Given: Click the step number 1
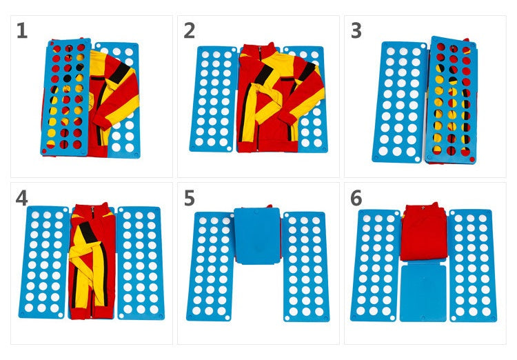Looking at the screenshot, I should pos(22,31).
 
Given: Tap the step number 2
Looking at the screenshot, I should pos(190,31).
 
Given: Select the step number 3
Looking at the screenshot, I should pos(356,31).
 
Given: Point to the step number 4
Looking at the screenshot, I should pos(22,198).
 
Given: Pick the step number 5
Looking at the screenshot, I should pos(190,198).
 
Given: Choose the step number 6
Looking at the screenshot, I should pos(356,198).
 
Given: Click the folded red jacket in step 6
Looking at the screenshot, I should pos(424,233).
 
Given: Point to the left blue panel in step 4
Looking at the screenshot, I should pos(45,262).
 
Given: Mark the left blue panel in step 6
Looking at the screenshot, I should pos(376,266).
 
